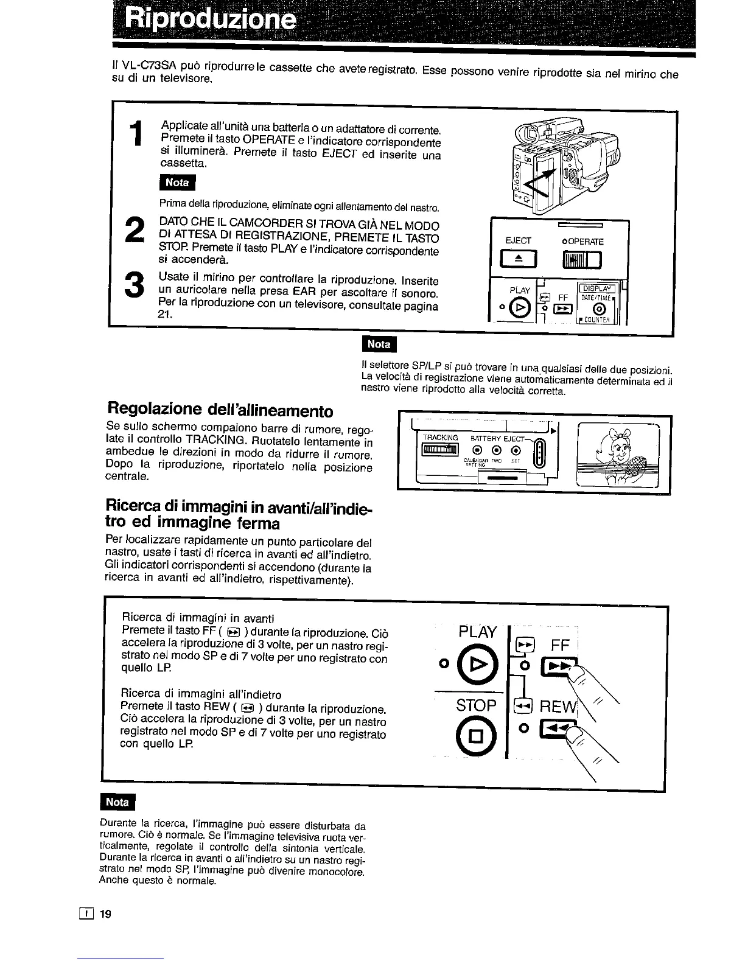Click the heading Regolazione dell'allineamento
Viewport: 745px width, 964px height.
coord(219,408)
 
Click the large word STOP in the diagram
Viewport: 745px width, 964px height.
coord(477,705)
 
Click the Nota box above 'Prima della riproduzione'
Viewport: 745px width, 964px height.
coord(175,182)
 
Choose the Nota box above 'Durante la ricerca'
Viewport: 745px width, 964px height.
coord(118,802)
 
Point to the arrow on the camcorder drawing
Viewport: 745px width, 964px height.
coord(543,181)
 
